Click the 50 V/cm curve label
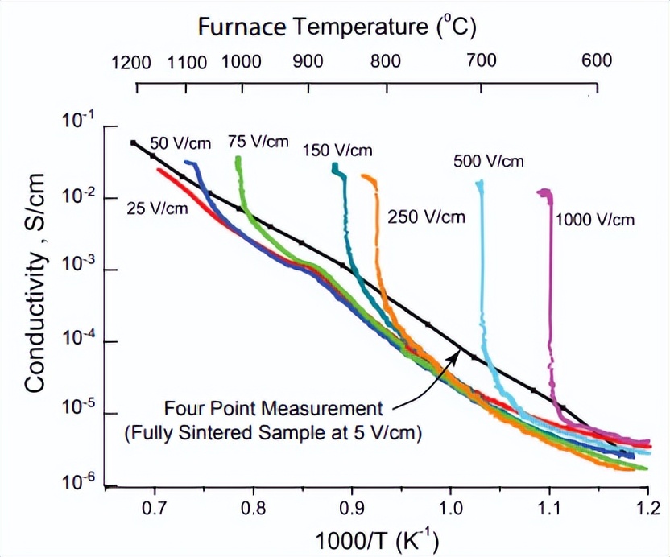[180, 144]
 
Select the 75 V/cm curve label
[258, 142]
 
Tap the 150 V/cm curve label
[337, 150]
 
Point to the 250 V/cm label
[426, 217]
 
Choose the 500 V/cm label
[488, 162]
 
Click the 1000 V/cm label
[594, 219]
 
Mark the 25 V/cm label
[157, 208]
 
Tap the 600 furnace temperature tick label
[597, 60]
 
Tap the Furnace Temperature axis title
[337, 27]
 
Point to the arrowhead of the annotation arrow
[457, 355]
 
